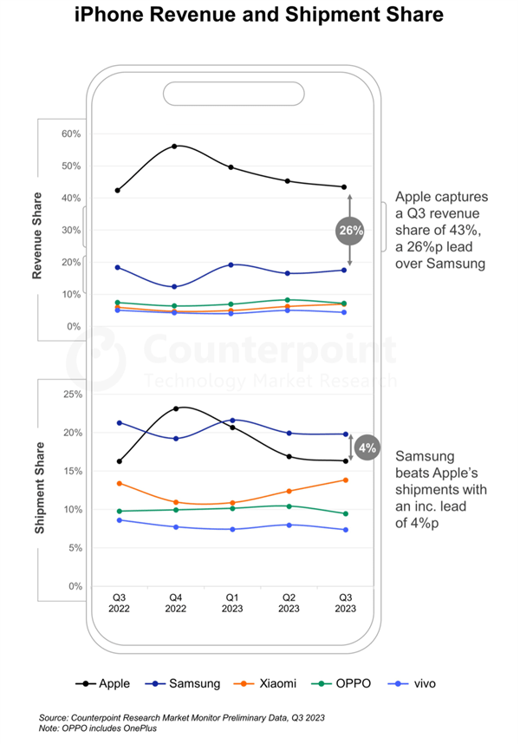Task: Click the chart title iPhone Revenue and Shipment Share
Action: point(259,15)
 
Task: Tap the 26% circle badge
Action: point(349,231)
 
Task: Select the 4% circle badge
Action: point(367,447)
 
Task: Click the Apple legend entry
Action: point(104,683)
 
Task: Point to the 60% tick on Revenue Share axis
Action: point(70,134)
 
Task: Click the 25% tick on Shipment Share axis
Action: point(70,394)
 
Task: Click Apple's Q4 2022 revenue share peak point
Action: point(175,147)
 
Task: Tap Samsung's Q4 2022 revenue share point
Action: point(175,287)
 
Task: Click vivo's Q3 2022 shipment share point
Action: point(119,519)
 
